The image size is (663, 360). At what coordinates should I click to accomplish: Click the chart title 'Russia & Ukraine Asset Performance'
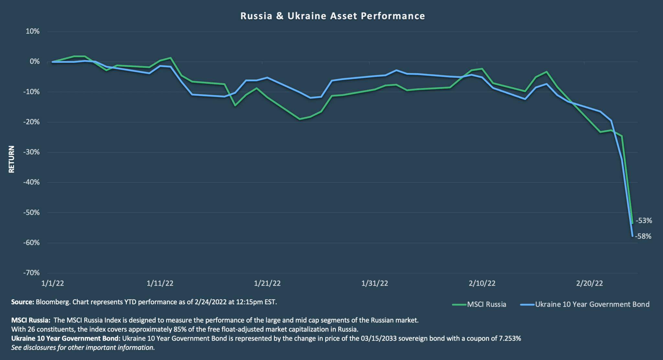tap(332, 16)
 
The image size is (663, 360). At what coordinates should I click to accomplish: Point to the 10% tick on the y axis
tap(33, 31)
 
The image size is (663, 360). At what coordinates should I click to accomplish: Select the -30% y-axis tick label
tap(31, 152)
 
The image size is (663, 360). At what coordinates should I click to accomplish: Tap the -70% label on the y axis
tap(31, 273)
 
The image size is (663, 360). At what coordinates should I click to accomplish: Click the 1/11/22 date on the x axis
tap(160, 283)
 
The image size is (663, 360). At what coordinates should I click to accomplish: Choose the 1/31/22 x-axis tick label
tap(375, 283)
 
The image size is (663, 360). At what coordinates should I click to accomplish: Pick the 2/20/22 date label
tap(590, 283)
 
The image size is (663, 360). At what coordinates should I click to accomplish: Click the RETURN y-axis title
tap(12, 159)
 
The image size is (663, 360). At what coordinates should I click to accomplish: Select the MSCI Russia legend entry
tap(479, 304)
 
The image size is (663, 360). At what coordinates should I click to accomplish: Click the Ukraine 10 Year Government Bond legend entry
tap(585, 304)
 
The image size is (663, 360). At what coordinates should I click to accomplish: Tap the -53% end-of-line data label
tap(644, 221)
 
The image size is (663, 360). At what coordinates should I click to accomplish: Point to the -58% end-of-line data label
tap(643, 236)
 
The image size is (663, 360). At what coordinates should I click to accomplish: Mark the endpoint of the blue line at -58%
tap(632, 236)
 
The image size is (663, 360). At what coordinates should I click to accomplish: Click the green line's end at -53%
tap(632, 223)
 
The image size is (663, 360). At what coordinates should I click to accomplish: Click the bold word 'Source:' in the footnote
tap(23, 302)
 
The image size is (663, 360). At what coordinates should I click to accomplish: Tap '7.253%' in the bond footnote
tap(510, 339)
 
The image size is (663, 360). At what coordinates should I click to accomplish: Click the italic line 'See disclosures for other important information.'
tap(83, 348)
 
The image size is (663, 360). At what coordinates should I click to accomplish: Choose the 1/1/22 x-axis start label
tap(52, 283)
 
